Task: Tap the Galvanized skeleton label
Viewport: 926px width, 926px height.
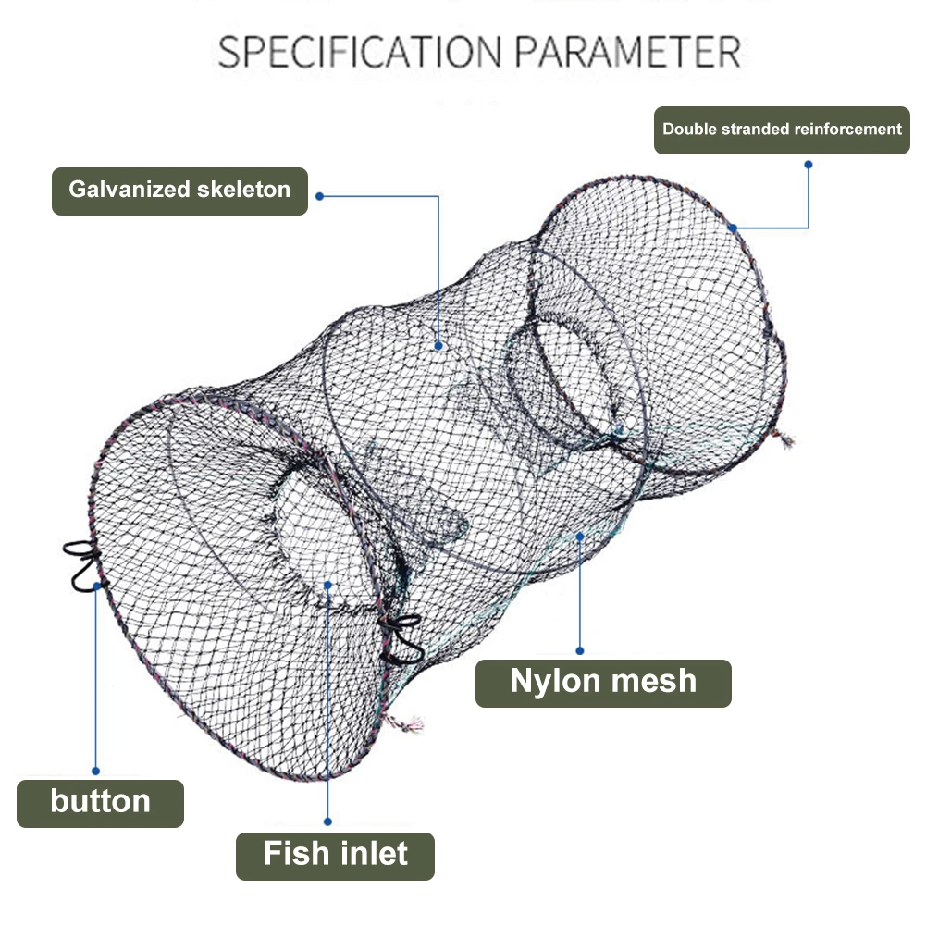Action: pos(179,191)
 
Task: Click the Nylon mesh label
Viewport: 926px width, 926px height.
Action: pos(603,682)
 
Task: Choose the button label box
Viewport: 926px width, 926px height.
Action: pos(100,802)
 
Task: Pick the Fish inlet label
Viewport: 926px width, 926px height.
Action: pos(335,853)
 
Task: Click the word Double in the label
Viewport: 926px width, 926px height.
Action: pos(688,130)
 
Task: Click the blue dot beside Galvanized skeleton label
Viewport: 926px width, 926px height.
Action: pos(320,196)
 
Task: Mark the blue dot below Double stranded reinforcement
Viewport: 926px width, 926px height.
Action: pos(808,165)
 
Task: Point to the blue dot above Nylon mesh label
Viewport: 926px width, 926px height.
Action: pos(580,650)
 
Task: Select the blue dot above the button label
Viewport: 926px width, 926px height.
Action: pos(95,770)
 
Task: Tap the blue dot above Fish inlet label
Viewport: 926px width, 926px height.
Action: pos(328,820)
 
